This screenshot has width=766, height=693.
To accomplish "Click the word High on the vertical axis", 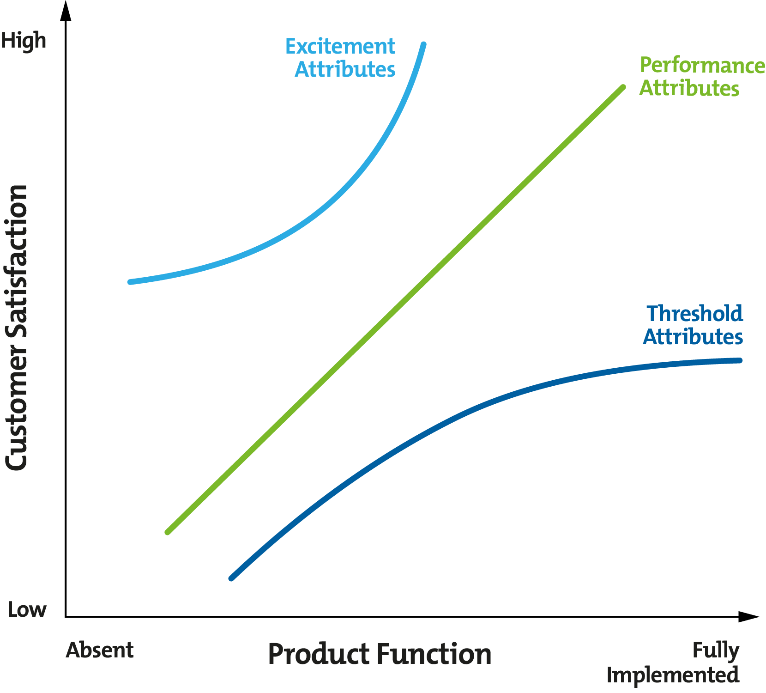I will [24, 41].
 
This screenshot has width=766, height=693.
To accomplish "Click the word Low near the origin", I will [27, 610].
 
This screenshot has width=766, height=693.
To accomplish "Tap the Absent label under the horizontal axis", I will [100, 650].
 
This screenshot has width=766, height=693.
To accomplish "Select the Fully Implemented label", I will [673, 663].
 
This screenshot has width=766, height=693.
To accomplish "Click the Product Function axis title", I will [380, 654].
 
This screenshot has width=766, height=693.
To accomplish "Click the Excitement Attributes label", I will [341, 58].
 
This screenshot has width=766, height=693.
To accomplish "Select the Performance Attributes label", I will [702, 77].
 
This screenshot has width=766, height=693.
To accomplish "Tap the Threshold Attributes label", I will [694, 325].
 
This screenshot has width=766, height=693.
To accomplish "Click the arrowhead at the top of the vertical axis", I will [66, 10].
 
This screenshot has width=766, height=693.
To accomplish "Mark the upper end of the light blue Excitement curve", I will [424, 45].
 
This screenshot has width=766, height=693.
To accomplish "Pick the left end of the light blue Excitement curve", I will [130, 282].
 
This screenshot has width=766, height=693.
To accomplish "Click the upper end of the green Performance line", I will [623, 87].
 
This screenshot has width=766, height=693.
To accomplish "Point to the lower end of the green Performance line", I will [168, 532].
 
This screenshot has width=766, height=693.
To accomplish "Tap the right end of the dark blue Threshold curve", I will [740, 360].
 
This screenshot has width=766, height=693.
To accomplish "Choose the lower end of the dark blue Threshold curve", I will [232, 578].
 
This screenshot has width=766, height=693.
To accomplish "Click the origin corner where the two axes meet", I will [66, 616].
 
